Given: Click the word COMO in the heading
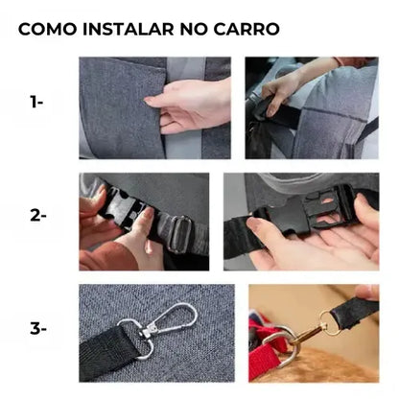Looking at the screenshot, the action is point(48,29).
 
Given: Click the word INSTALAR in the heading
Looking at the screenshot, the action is point(129,29).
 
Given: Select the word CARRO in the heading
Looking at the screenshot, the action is point(246,29).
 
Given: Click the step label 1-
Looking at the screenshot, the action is point(36,103).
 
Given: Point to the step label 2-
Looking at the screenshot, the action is point(38,216).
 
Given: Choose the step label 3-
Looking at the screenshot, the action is point(38,329).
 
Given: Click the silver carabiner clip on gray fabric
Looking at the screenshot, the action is point(171,318).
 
